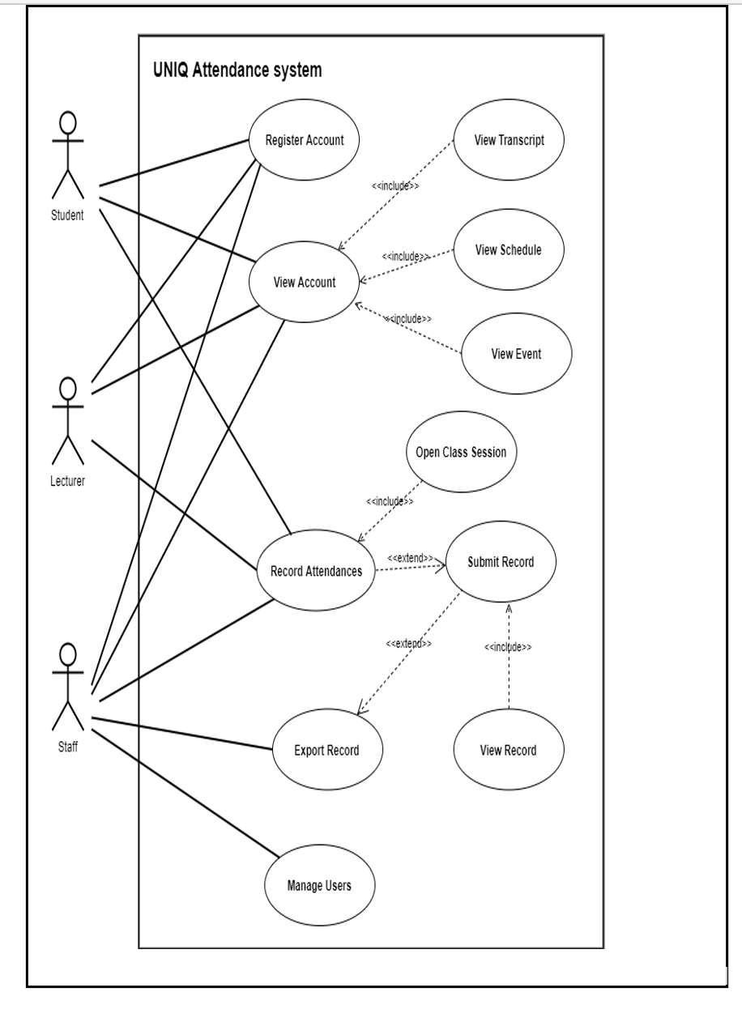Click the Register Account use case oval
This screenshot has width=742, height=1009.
(x=305, y=140)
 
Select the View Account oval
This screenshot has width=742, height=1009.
(x=305, y=283)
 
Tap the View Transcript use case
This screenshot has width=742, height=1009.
(x=509, y=140)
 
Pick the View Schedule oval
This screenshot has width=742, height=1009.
(x=508, y=250)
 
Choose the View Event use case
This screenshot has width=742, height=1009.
(x=516, y=354)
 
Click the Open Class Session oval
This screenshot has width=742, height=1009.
(x=461, y=453)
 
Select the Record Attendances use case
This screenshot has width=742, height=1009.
(x=316, y=572)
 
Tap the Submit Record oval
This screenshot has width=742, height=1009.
(x=501, y=562)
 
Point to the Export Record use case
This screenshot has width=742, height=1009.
(x=326, y=750)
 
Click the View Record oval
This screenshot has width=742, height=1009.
(x=508, y=750)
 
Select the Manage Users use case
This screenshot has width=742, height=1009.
(x=319, y=885)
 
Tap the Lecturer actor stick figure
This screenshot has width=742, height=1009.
(x=68, y=420)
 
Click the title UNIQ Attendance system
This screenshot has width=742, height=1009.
(x=237, y=70)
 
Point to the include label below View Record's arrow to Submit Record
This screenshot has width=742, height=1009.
(x=508, y=647)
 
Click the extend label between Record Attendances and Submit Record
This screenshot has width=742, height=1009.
(x=410, y=558)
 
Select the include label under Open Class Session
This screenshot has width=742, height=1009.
(x=390, y=501)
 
